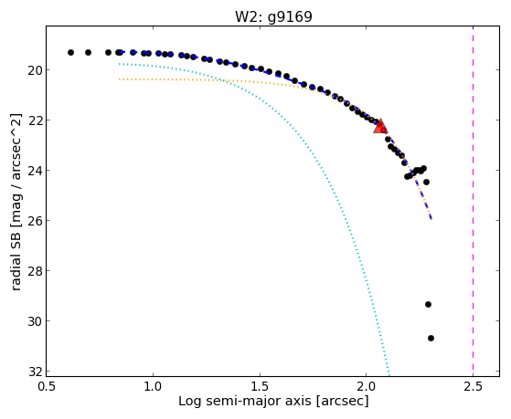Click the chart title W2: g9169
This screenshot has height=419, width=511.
pyautogui.click(x=273, y=16)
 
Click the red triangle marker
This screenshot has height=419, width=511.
pyautogui.click(x=380, y=127)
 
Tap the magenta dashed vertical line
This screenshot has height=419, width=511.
pyautogui.click(x=473, y=201)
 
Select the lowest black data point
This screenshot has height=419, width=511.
pyautogui.click(x=431, y=339)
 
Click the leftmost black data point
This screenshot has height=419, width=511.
pyautogui.click(x=70, y=52)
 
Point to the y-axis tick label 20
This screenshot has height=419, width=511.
pyautogui.click(x=35, y=70)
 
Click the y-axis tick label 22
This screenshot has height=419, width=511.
pyautogui.click(x=35, y=120)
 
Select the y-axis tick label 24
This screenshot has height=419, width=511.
pyautogui.click(x=35, y=171)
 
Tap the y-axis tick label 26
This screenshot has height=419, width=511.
pyautogui.click(x=35, y=221)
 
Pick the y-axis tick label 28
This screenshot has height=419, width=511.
pyautogui.click(x=35, y=271)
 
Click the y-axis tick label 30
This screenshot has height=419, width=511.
pyautogui.click(x=35, y=321)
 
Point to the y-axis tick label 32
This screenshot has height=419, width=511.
pyautogui.click(x=35, y=372)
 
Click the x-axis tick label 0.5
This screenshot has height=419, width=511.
pyautogui.click(x=47, y=386)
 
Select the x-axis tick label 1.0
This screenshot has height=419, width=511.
pyautogui.click(x=153, y=386)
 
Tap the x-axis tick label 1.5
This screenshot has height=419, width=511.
pyautogui.click(x=260, y=386)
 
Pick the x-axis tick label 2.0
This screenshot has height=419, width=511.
pyautogui.click(x=367, y=386)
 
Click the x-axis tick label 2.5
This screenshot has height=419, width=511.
pyautogui.click(x=473, y=386)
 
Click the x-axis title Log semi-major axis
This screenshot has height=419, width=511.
pyautogui.click(x=245, y=402)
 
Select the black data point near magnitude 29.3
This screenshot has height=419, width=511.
pyautogui.click(x=428, y=304)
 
